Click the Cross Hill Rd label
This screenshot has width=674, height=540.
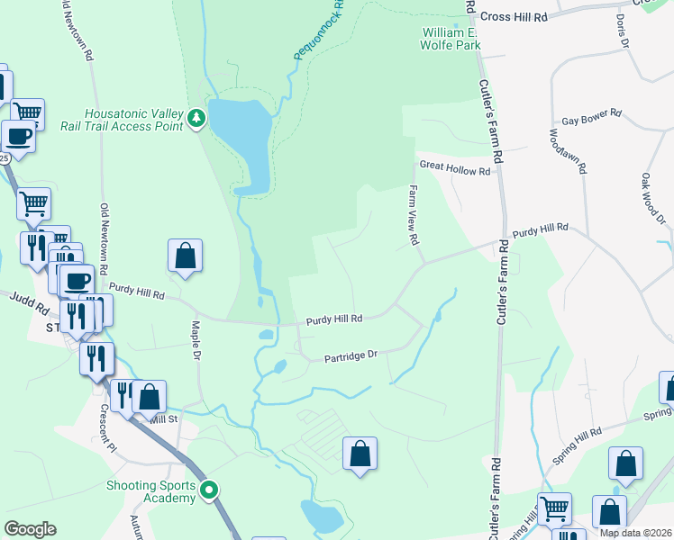(515, 16)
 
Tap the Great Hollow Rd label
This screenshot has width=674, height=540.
(455, 169)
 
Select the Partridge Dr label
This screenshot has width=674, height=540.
(350, 357)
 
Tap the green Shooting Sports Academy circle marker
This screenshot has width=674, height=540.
(209, 490)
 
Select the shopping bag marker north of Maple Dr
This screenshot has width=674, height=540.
(185, 255)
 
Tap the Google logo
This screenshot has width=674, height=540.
(30, 529)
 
